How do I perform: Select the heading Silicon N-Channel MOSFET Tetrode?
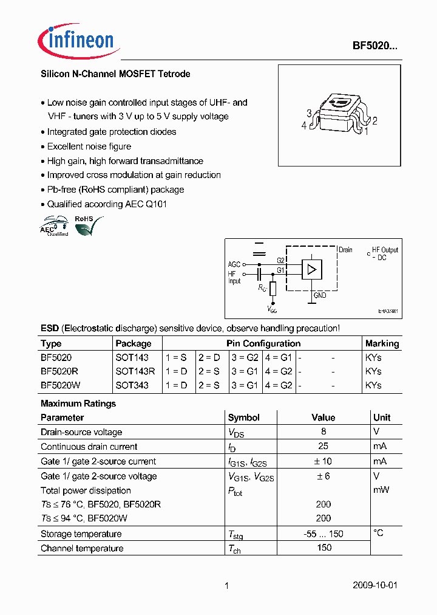[x=115, y=74]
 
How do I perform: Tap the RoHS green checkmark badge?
[x=87, y=226]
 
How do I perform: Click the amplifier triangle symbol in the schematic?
[x=312, y=269]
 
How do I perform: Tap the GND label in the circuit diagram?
[x=320, y=295]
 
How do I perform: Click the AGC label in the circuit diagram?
[x=234, y=264]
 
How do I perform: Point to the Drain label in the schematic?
[x=345, y=250]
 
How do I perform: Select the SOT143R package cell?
[x=135, y=371]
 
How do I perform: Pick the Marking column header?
[x=382, y=343]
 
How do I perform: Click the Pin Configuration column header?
[x=263, y=343]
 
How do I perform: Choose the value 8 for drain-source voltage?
[x=324, y=432]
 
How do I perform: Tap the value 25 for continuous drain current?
[x=324, y=447]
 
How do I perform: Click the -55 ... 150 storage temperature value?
[x=324, y=534]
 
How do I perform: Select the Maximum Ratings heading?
[x=78, y=404]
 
